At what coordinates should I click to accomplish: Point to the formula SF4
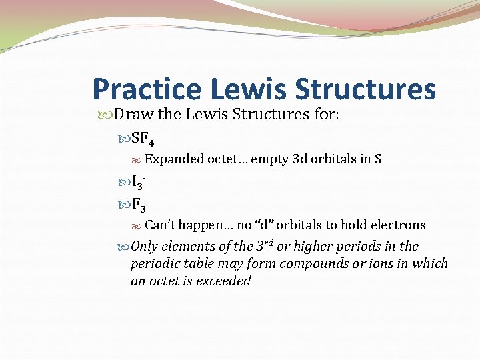click(x=143, y=139)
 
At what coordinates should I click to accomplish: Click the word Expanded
click(x=175, y=159)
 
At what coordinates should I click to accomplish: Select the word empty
click(x=270, y=159)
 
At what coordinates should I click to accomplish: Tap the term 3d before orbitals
click(x=299, y=159)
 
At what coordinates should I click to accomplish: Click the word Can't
click(x=160, y=225)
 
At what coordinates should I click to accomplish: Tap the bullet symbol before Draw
click(x=109, y=115)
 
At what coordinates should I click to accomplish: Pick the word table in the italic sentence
click(x=197, y=263)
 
